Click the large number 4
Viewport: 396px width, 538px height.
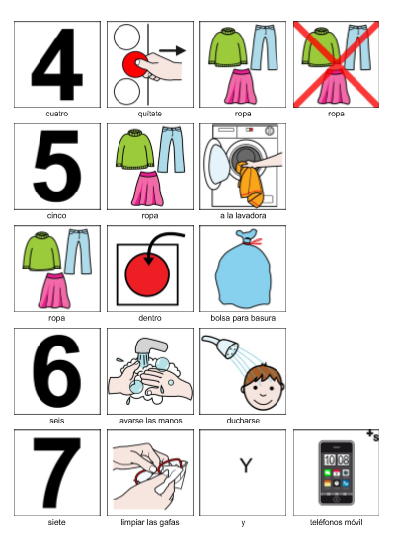coord(57,64)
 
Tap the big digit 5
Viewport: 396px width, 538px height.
coord(57,167)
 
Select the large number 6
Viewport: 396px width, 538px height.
coord(57,371)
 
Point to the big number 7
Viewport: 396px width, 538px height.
coord(57,473)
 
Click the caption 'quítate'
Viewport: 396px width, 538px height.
coord(150,114)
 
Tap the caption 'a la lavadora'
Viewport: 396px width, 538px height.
coord(243,216)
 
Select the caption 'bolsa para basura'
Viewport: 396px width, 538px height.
coord(243,318)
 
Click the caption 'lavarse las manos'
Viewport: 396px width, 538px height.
coord(150,421)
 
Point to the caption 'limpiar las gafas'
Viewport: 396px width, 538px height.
coord(150,522)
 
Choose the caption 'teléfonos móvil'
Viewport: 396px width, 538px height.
coord(337,522)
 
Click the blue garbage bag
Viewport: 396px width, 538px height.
coord(243,268)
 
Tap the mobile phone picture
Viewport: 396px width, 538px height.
coord(337,473)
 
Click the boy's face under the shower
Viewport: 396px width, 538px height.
coord(263,387)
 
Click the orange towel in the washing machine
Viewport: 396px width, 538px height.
coord(250,185)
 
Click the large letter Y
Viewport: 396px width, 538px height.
coord(246,466)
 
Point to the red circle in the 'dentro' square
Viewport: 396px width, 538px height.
coord(147,274)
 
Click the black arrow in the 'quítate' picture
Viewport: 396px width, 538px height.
coord(172,50)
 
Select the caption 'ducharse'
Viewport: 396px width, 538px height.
coord(243,421)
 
